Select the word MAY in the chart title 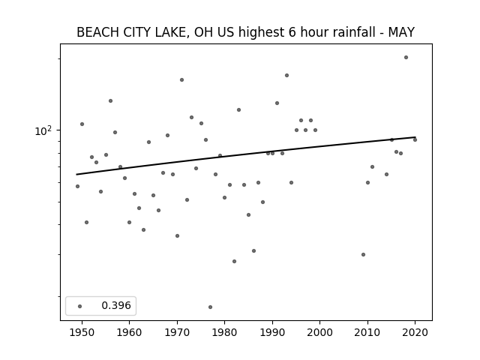(x=401, y=32)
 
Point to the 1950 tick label (x=82, y=332)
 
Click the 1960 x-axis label (x=129, y=332)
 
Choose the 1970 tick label (x=177, y=332)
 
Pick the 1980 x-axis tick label (x=224, y=332)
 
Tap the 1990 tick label (x=272, y=332)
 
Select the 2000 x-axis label (x=319, y=332)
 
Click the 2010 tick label (x=367, y=332)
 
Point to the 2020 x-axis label (x=415, y=332)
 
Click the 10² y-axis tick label (x=43, y=130)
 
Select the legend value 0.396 (x=116, y=305)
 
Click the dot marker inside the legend (x=79, y=306)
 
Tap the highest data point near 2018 (x=406, y=57)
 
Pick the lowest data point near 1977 (x=210, y=307)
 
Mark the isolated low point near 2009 (x=363, y=254)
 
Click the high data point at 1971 (x=181, y=80)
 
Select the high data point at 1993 (x=286, y=75)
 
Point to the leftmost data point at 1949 (x=77, y=186)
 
